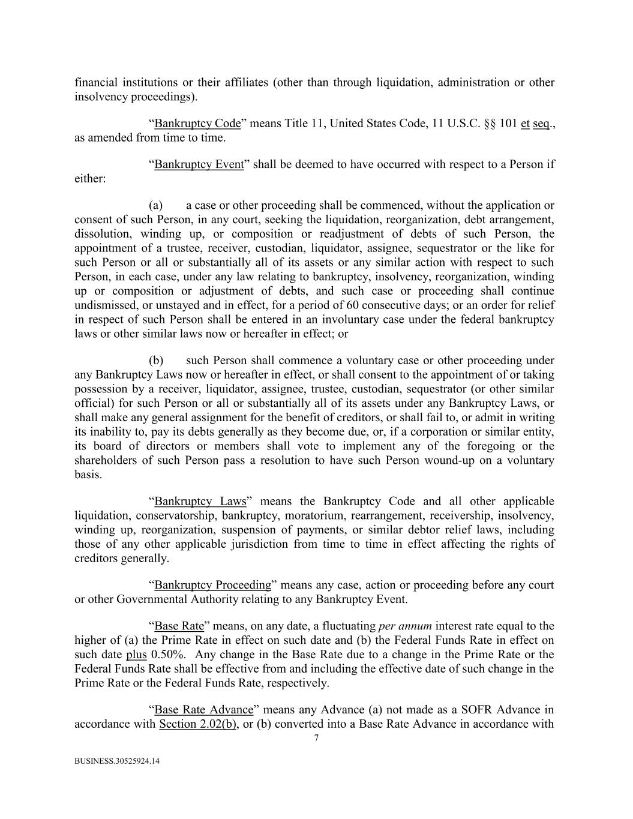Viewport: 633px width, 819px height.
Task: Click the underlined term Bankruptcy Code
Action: click(197, 124)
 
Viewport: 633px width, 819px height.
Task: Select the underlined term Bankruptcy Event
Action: click(199, 164)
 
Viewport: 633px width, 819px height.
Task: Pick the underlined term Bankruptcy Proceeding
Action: click(213, 584)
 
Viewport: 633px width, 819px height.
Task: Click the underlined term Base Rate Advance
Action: click(204, 710)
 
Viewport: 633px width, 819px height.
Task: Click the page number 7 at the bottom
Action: click(316, 738)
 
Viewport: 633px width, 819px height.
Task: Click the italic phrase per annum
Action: click(406, 626)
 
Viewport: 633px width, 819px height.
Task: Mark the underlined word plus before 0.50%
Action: click(136, 655)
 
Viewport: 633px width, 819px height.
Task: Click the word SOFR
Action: click(473, 710)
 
